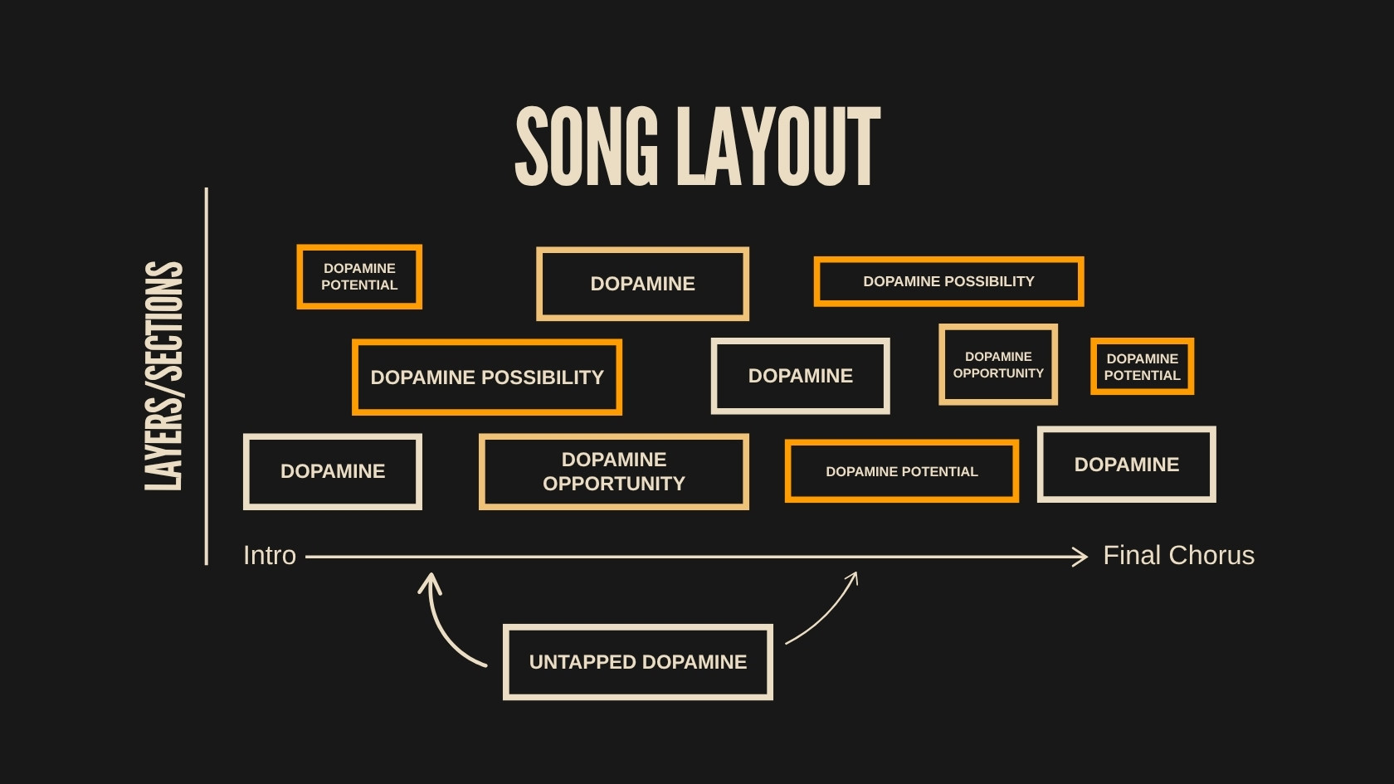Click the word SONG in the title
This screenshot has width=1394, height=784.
click(587, 146)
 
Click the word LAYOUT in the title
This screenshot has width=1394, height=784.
click(778, 146)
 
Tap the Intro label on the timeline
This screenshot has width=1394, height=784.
click(270, 555)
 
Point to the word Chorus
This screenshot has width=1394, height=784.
click(1211, 555)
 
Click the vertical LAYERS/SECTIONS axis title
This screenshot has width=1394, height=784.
click(163, 376)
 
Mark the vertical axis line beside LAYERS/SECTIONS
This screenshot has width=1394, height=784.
click(207, 377)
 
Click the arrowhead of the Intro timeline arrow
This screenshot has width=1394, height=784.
click(1080, 556)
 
